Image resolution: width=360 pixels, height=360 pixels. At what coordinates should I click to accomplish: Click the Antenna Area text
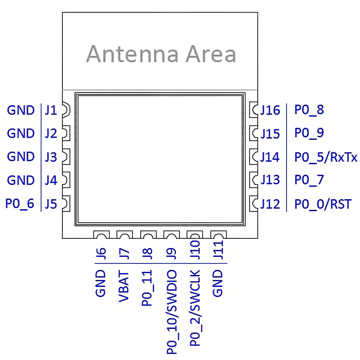tap(161, 54)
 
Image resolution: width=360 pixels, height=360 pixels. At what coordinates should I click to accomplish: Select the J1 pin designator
tap(51, 110)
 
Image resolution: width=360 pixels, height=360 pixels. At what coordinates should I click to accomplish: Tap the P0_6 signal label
tap(20, 203)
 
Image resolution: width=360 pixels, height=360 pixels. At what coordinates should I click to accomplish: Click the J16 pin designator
tap(270, 110)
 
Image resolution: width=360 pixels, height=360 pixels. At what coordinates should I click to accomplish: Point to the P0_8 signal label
tap(309, 109)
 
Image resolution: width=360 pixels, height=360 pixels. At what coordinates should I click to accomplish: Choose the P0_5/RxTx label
tap(326, 157)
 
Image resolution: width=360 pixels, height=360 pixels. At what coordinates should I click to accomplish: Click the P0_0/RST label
tap(323, 204)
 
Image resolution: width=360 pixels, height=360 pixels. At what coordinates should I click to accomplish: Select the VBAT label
tap(124, 287)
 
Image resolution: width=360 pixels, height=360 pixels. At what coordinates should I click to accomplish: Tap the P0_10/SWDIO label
tap(172, 312)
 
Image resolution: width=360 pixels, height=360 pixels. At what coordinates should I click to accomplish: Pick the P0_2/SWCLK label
tap(195, 307)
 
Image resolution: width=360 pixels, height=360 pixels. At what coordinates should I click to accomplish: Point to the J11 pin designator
tap(218, 250)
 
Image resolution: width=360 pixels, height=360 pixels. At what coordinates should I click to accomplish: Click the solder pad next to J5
tap(66, 203)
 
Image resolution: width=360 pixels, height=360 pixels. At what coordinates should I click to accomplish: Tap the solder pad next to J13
tap(254, 180)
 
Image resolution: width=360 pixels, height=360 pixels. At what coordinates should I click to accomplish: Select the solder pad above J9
tap(172, 235)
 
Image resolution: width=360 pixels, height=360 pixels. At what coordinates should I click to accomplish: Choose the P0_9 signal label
tap(309, 133)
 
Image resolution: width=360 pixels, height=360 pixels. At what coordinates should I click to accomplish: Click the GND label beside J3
tap(21, 157)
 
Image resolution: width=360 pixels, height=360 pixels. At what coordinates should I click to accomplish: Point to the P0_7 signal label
tap(309, 180)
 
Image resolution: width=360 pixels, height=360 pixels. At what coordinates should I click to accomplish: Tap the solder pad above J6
tap(101, 235)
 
